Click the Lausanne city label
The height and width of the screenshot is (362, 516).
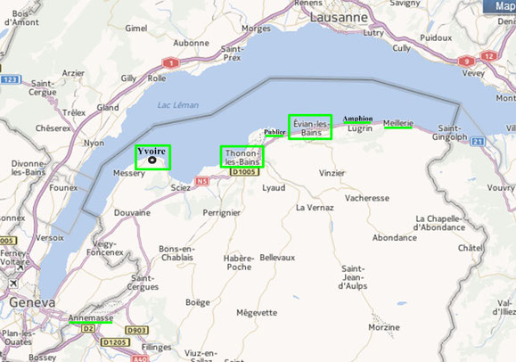click(338, 17)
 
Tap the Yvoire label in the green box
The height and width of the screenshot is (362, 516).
click(152, 152)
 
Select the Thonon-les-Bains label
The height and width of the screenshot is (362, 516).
click(242, 157)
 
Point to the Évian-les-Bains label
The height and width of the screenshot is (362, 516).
click(310, 128)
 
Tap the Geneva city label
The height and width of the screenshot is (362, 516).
click(27, 303)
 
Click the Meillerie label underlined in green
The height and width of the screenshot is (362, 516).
click(397, 122)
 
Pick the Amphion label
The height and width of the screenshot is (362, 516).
click(357, 118)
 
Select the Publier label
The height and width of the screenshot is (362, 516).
click(274, 133)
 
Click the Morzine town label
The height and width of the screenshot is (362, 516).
click(383, 327)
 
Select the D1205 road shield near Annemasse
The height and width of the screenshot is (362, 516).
click(113, 342)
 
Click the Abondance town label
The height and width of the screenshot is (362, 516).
click(394, 238)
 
